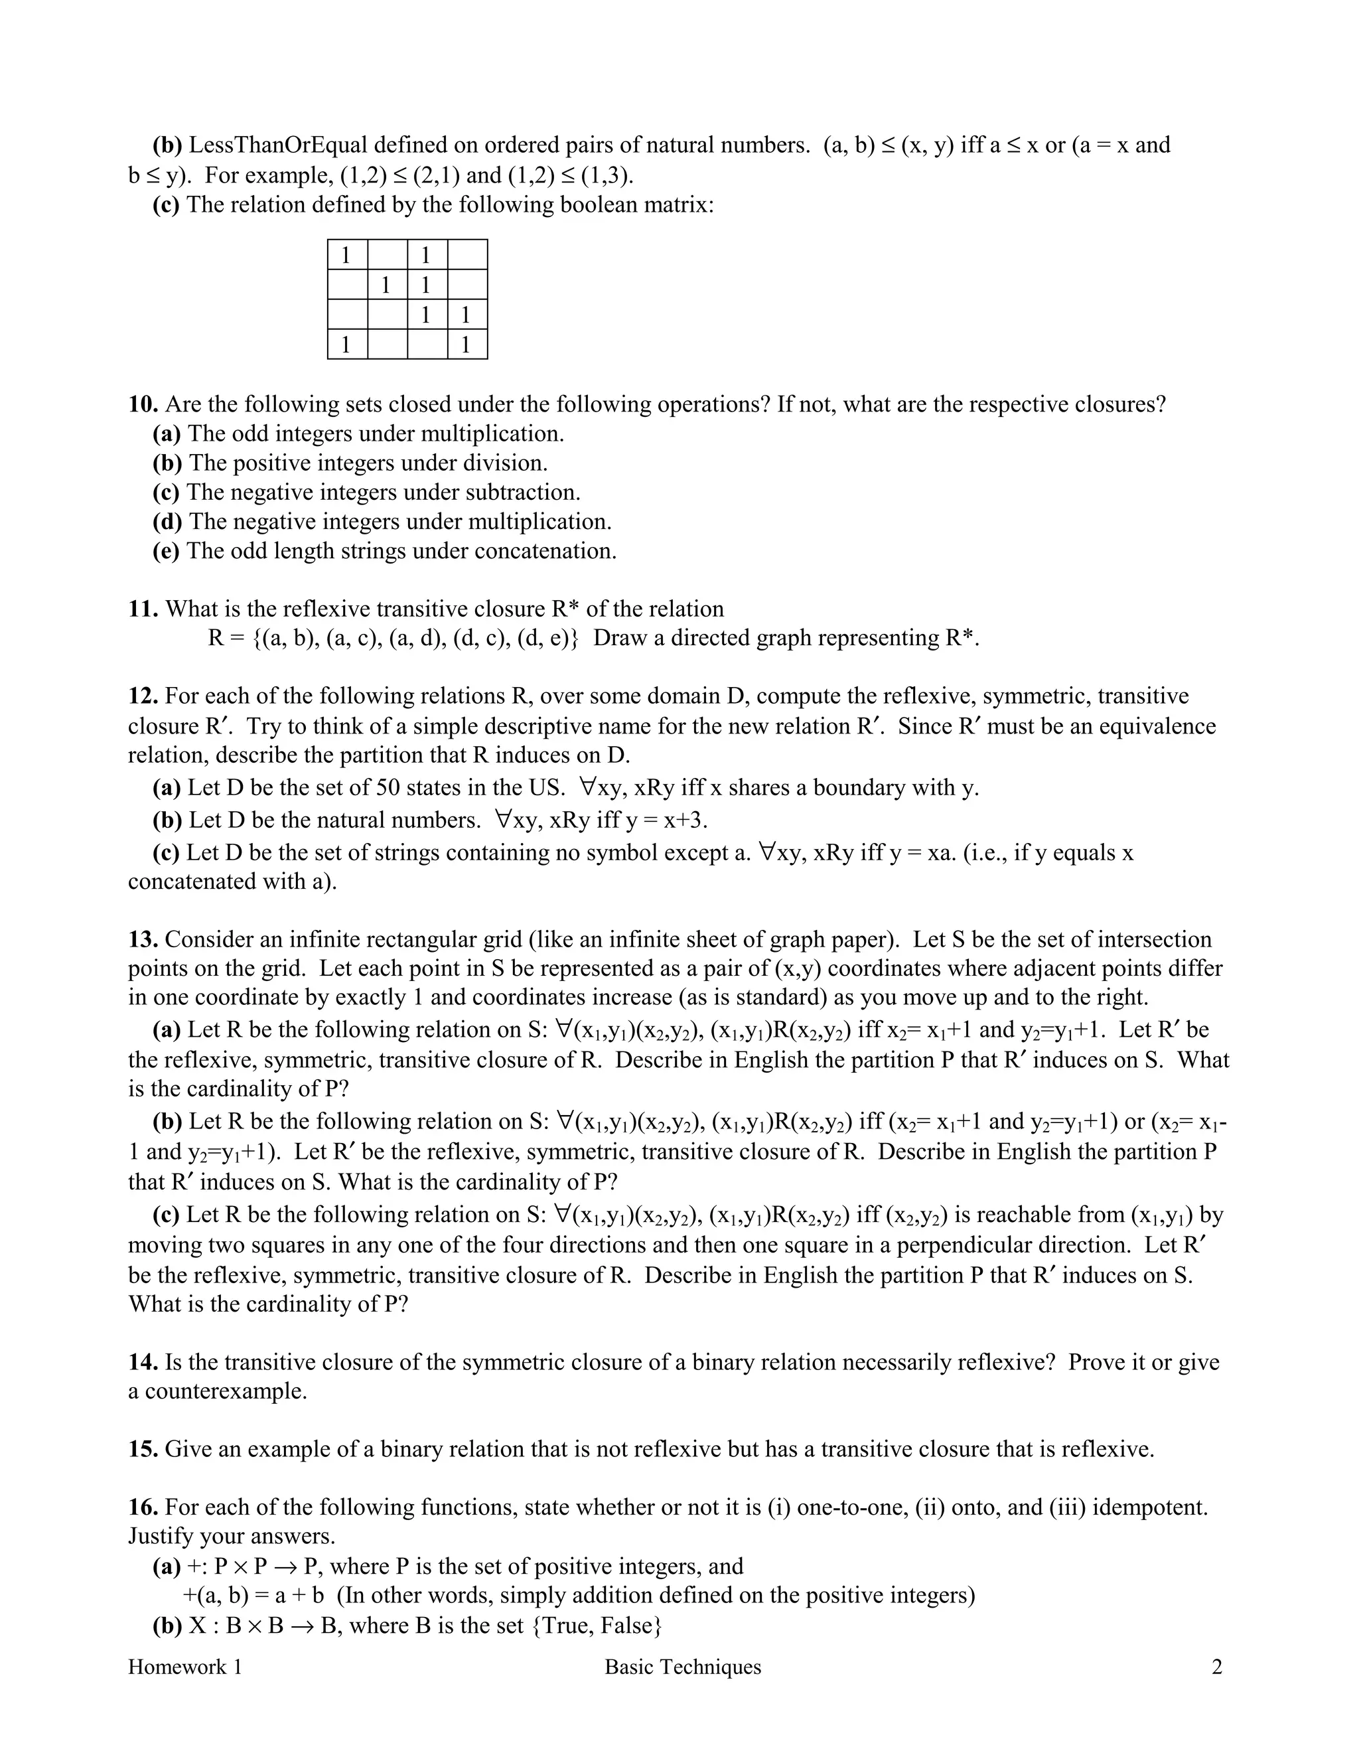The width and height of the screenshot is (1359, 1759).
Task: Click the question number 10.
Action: (143, 404)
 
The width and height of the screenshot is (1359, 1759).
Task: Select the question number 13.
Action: (143, 940)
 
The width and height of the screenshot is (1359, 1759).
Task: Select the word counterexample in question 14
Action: (226, 1391)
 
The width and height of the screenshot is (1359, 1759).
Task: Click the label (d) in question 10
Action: (167, 522)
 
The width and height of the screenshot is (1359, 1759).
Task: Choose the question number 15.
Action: (143, 1449)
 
